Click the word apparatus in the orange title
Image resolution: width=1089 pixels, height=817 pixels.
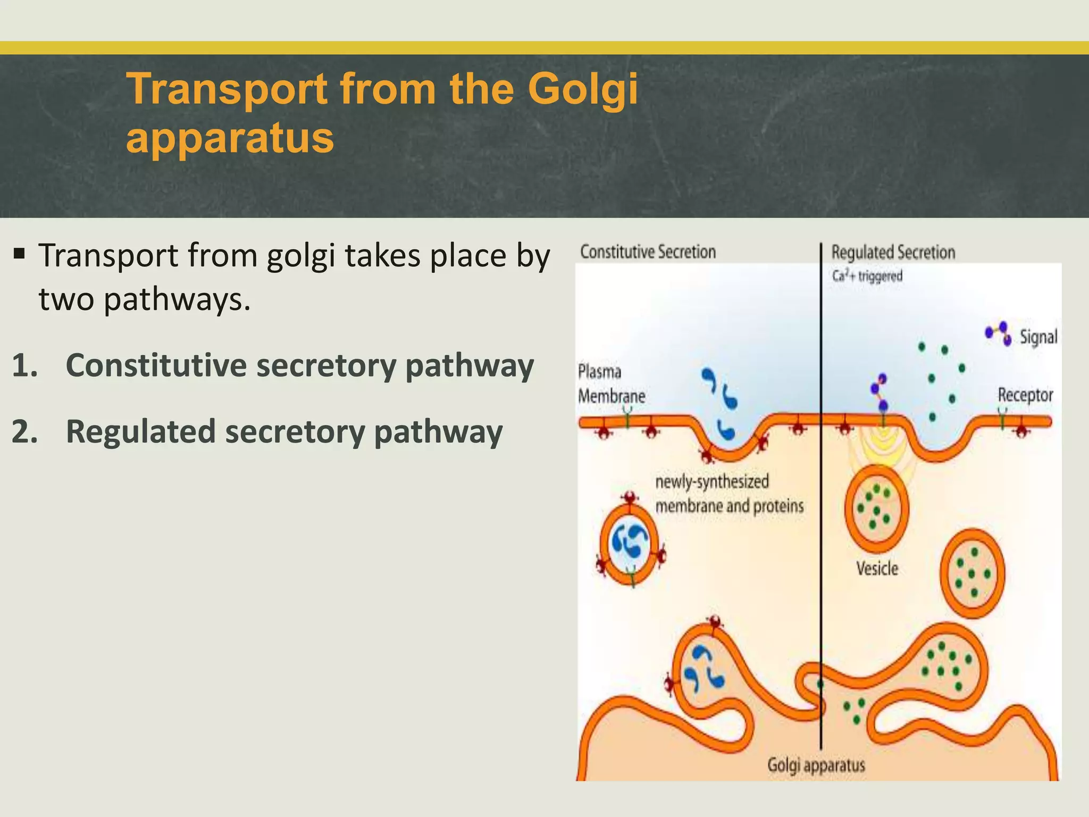tap(230, 138)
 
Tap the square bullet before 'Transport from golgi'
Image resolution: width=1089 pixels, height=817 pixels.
tap(20, 253)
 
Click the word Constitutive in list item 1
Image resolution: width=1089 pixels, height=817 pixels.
tap(156, 366)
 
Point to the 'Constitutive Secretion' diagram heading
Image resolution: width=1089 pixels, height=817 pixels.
tap(648, 252)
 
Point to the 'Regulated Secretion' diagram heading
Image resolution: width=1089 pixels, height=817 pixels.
tap(893, 252)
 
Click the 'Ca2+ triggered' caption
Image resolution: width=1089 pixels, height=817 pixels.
tap(867, 276)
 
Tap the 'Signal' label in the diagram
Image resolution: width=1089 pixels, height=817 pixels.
tap(1038, 337)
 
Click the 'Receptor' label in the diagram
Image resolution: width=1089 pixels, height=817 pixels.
tap(1025, 395)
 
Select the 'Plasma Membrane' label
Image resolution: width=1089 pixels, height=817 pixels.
tap(611, 384)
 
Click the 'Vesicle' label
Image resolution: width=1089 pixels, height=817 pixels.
tap(877, 569)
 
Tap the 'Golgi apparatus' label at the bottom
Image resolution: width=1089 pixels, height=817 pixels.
tap(816, 765)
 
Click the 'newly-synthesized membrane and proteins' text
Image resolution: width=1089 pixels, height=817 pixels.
tap(728, 494)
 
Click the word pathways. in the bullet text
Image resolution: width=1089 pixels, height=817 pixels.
tap(177, 300)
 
